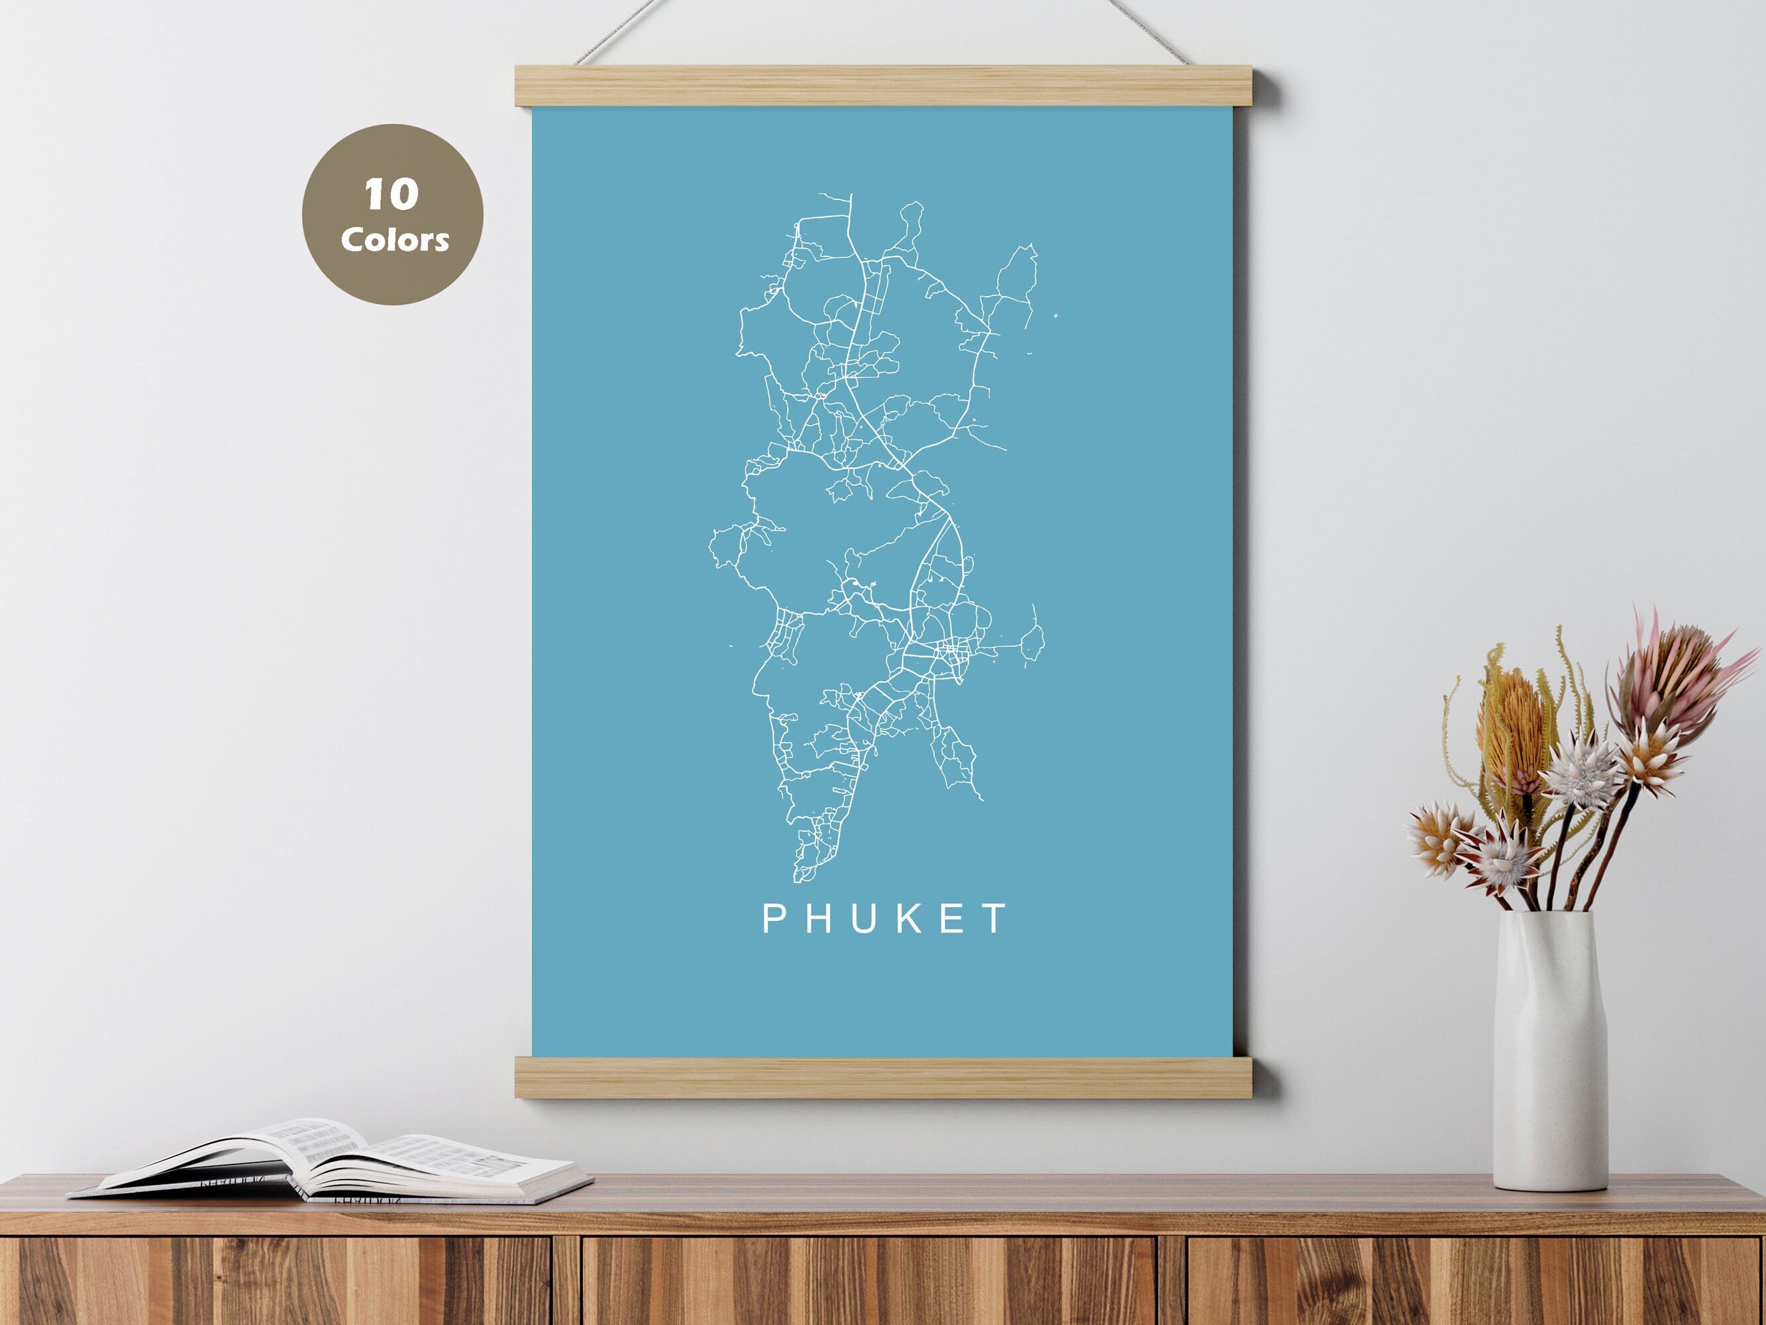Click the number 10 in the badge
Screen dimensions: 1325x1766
click(391, 194)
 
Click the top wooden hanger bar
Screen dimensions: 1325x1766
click(884, 86)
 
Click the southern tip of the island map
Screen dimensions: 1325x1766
click(798, 878)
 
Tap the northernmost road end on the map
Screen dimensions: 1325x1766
click(851, 195)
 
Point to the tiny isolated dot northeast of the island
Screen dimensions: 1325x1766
click(1055, 316)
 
